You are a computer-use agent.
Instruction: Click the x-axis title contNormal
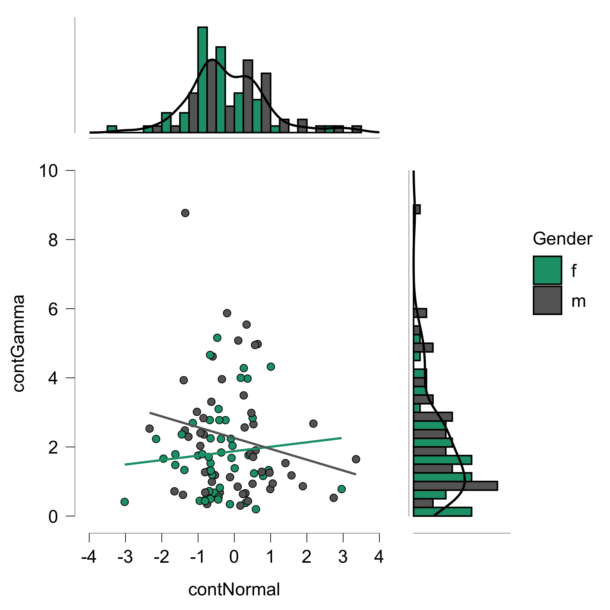(x=234, y=589)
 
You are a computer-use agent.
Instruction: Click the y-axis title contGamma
(x=19, y=343)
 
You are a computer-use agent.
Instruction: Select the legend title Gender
(x=562, y=239)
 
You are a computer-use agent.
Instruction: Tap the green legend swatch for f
(x=547, y=270)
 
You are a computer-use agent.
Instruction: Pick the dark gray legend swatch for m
(x=547, y=300)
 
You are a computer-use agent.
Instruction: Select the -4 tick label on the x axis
(x=89, y=557)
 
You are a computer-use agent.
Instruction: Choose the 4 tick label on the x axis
(x=379, y=557)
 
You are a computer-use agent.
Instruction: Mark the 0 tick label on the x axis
(x=234, y=557)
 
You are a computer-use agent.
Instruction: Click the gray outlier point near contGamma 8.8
(x=185, y=213)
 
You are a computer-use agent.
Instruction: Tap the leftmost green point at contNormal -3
(x=125, y=502)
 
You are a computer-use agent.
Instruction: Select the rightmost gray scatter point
(x=356, y=459)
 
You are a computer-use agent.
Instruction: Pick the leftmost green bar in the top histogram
(x=112, y=129)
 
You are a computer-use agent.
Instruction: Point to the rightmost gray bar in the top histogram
(x=357, y=129)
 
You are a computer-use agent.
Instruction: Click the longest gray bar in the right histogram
(x=455, y=486)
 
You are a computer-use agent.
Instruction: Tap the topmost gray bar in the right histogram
(x=417, y=209)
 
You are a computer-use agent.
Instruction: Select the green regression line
(x=234, y=451)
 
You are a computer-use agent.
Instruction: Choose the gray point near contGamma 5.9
(x=227, y=313)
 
